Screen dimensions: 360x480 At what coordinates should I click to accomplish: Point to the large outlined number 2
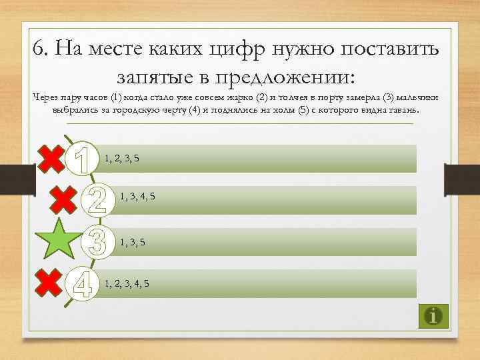click(x=97, y=199)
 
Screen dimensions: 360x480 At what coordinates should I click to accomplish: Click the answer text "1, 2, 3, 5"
click(x=123, y=158)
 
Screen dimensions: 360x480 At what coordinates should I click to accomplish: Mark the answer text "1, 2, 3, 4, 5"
click(x=127, y=283)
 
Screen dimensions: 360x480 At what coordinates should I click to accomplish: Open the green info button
click(x=434, y=315)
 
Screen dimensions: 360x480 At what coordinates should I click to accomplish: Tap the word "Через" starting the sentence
click(x=46, y=97)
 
